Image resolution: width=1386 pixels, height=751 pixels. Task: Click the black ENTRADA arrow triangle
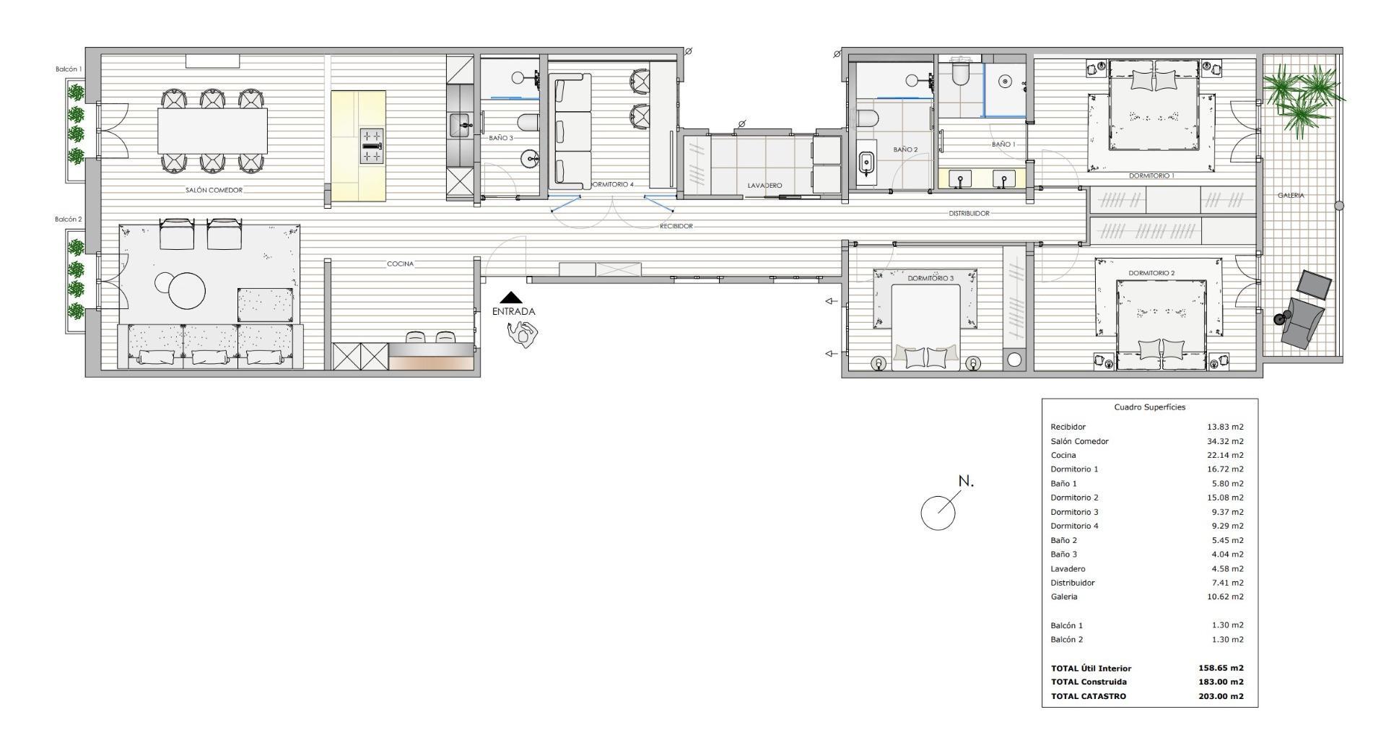coord(512,297)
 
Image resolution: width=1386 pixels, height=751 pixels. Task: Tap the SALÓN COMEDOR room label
coord(214,191)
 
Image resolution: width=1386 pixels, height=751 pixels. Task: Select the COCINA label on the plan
coord(400,264)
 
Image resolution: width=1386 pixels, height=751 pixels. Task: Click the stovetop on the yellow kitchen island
coord(372,146)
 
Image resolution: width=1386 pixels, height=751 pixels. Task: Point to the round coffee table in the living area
coord(187,291)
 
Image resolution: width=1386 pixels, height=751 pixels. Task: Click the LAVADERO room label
coord(764,186)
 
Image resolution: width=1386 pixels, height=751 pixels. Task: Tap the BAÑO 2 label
coord(905,150)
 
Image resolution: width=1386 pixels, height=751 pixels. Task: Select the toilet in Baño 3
coord(528,123)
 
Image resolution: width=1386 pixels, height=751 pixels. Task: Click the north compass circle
coord(938,513)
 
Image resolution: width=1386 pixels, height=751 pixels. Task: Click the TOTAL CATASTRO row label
coord(1088,696)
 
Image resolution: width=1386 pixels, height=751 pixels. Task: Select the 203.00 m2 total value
coord(1221,696)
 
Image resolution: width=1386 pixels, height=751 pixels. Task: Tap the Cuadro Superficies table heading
coord(1149,407)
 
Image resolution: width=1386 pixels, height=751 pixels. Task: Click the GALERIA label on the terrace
coord(1291,196)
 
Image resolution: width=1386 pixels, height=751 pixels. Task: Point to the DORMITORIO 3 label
coord(930,278)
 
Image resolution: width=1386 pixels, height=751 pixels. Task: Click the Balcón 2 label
coord(69,219)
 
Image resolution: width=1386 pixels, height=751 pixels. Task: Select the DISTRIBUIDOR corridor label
coord(969,214)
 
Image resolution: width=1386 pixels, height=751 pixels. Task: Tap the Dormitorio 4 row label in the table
coord(1074,526)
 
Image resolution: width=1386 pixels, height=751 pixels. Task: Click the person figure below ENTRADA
coord(523,333)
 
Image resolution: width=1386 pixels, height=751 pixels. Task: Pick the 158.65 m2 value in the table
coord(1221,668)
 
